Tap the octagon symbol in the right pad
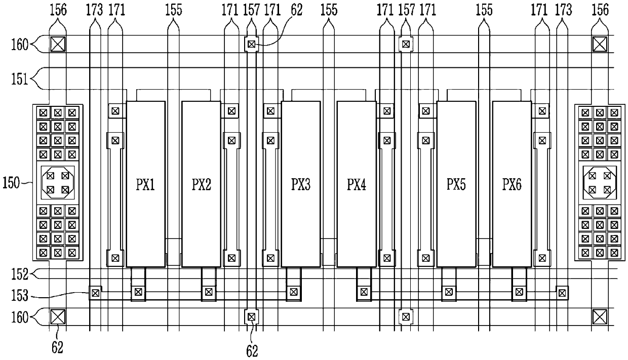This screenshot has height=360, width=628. pyautogui.click(x=600, y=183)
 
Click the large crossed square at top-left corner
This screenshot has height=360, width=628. pyautogui.click(x=58, y=45)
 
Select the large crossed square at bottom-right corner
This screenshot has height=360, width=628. pyautogui.click(x=600, y=317)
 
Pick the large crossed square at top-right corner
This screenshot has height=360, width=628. pyautogui.click(x=600, y=45)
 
